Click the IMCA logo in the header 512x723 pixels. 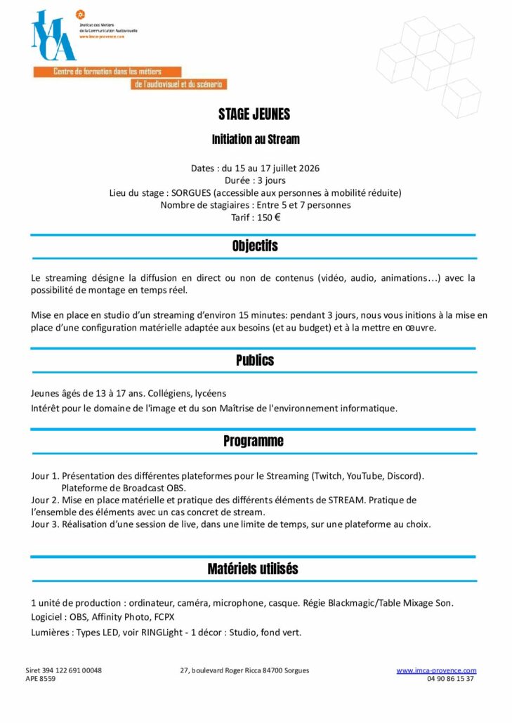53,37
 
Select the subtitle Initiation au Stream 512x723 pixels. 256,140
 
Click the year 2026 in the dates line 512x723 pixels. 308,168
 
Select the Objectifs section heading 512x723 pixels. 255,246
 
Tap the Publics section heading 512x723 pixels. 255,360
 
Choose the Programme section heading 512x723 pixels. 254,441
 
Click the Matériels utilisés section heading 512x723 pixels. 253,569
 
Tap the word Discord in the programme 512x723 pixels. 406,476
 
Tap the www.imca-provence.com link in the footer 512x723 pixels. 436,670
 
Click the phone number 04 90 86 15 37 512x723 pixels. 449,679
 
